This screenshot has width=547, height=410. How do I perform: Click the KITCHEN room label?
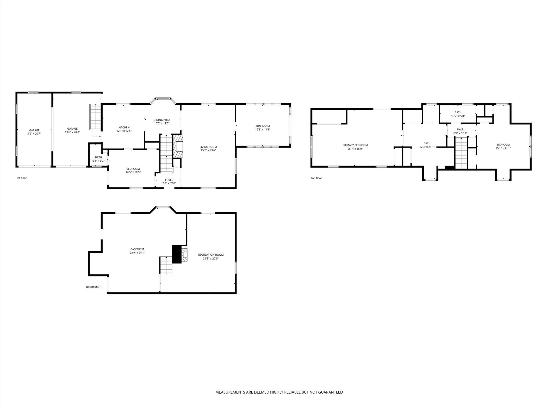point(124,128)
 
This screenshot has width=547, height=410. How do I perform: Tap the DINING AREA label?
point(161,120)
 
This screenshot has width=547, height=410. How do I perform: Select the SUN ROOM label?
point(262,126)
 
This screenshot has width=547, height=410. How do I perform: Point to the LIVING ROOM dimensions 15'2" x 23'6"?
point(208,150)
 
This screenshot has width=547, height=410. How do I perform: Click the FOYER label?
point(169,180)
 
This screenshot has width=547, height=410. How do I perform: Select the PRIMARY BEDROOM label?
point(355,145)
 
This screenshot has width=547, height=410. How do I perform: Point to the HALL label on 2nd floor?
point(460,129)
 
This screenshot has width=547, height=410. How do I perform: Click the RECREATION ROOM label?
point(210,255)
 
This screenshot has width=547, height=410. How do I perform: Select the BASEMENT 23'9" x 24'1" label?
point(137,249)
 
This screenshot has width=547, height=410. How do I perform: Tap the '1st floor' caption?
point(22,178)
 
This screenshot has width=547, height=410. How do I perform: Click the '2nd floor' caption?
point(316,178)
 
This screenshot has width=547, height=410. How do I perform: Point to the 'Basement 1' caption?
point(93,287)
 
